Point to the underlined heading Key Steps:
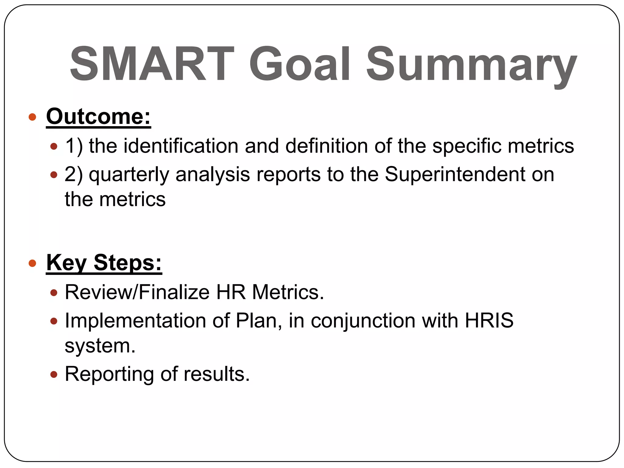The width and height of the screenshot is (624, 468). point(104,263)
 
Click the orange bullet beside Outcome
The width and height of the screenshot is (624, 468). point(32,117)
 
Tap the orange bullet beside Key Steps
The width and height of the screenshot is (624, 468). point(32,263)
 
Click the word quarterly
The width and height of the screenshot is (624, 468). point(129,175)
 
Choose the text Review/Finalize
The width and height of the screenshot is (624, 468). point(137,292)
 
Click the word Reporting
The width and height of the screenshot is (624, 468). point(109,374)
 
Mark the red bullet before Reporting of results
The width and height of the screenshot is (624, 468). point(54,374)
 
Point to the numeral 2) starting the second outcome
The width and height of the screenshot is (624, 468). point(73,175)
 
